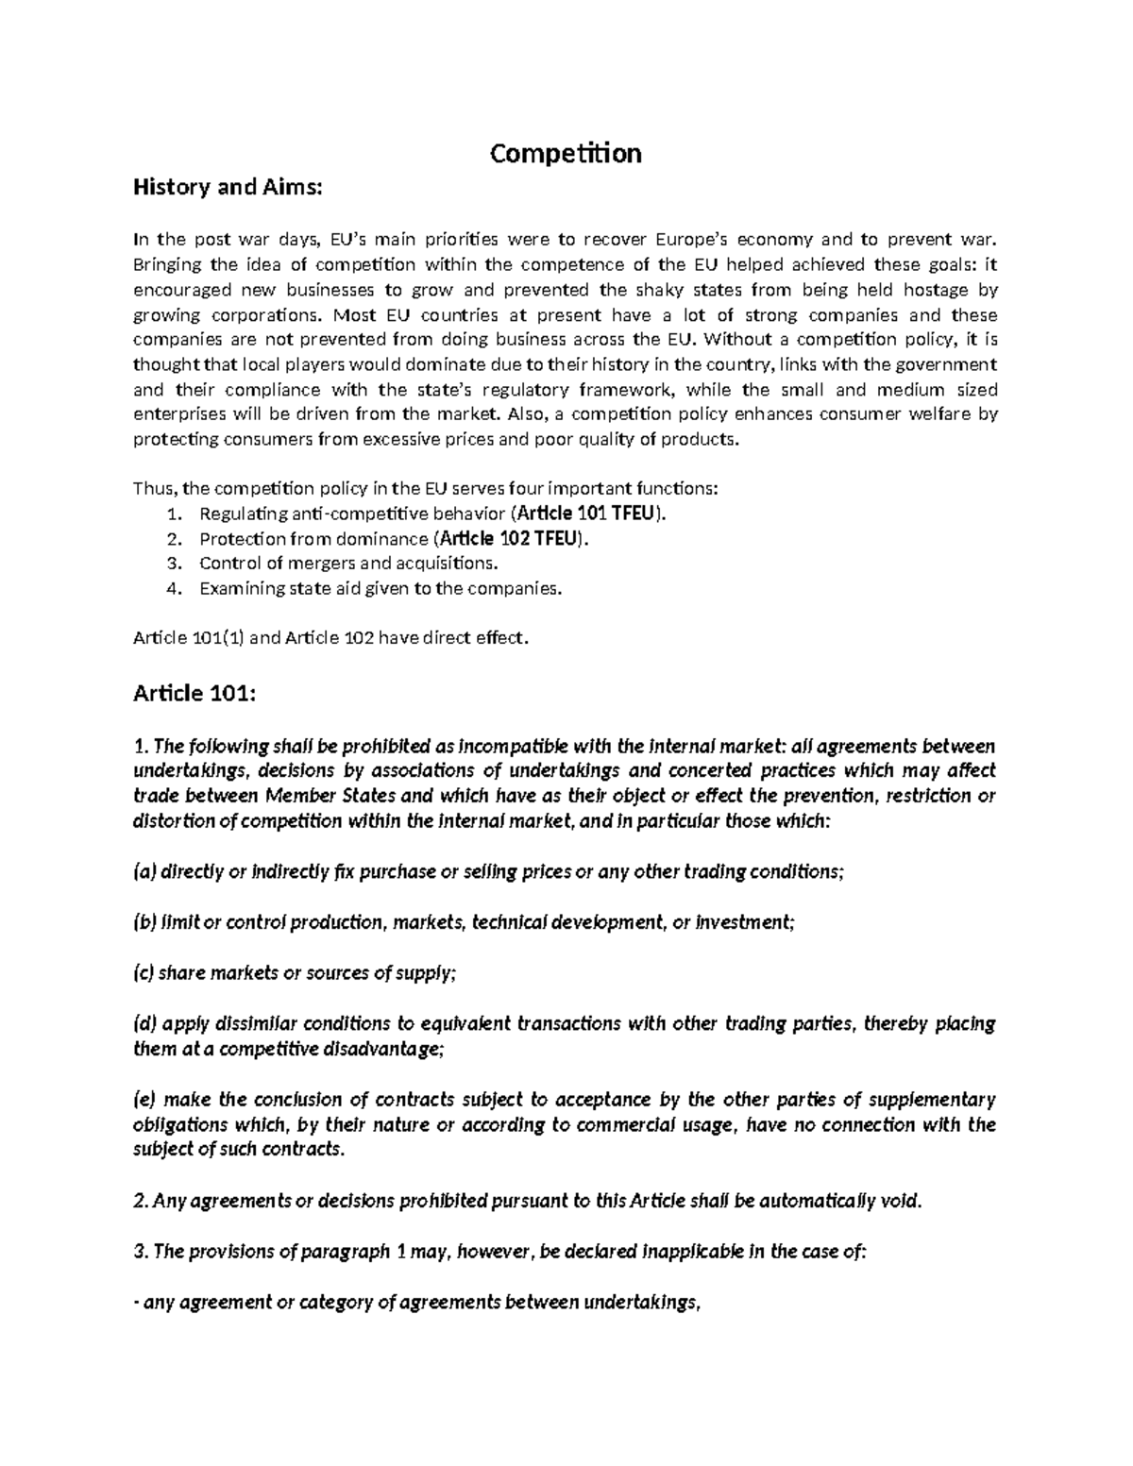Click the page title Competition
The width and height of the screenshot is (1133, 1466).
click(x=566, y=153)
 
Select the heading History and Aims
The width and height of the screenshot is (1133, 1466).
click(x=228, y=187)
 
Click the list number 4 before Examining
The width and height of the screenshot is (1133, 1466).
click(x=172, y=588)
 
